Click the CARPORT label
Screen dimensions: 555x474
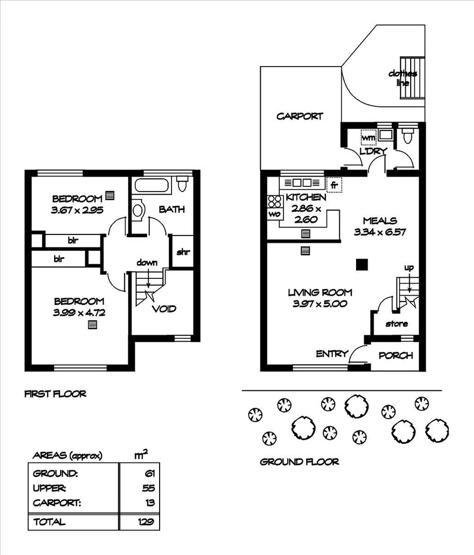click(300, 116)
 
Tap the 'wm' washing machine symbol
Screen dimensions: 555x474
click(368, 138)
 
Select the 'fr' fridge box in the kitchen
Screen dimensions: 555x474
click(334, 185)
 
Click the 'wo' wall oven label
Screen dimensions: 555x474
click(274, 214)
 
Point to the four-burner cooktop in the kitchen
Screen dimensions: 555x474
click(275, 201)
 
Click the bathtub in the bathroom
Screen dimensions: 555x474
click(153, 185)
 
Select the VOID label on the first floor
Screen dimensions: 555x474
click(164, 309)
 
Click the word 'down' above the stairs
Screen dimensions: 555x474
click(147, 263)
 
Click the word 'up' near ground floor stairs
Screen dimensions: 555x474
click(409, 267)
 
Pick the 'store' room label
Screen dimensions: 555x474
click(397, 324)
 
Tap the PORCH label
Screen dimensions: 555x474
click(396, 356)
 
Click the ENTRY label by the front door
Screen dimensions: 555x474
click(332, 354)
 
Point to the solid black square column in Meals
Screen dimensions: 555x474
click(361, 264)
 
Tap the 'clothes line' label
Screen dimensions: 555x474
click(403, 78)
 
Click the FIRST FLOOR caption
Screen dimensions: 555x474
click(55, 394)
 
